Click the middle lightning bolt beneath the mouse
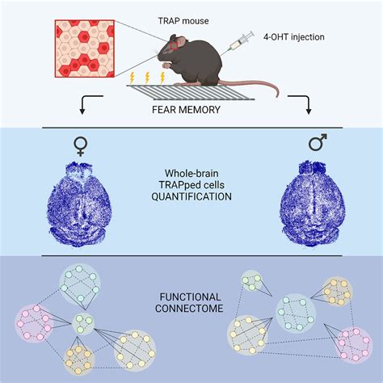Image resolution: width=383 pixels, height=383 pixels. [148, 78]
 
